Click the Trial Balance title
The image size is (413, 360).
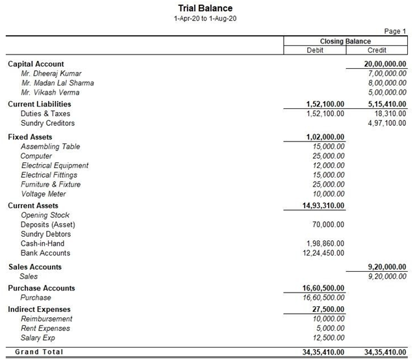(205, 8)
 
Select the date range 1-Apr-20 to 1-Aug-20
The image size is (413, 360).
(205, 19)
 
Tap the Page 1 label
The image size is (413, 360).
(395, 31)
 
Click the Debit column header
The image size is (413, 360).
(314, 50)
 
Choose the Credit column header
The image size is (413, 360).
(377, 50)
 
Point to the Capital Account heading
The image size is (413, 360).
(36, 64)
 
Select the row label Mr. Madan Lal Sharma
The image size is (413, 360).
(57, 83)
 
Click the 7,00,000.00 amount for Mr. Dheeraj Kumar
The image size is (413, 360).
(387, 74)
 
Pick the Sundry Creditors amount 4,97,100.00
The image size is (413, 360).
(387, 123)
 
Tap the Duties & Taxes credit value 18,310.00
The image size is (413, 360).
(391, 114)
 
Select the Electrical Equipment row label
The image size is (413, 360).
(55, 165)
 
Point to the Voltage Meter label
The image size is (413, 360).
(44, 194)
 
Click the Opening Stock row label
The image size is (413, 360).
(45, 215)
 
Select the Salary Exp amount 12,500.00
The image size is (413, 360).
(328, 337)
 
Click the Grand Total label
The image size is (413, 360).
(40, 352)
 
